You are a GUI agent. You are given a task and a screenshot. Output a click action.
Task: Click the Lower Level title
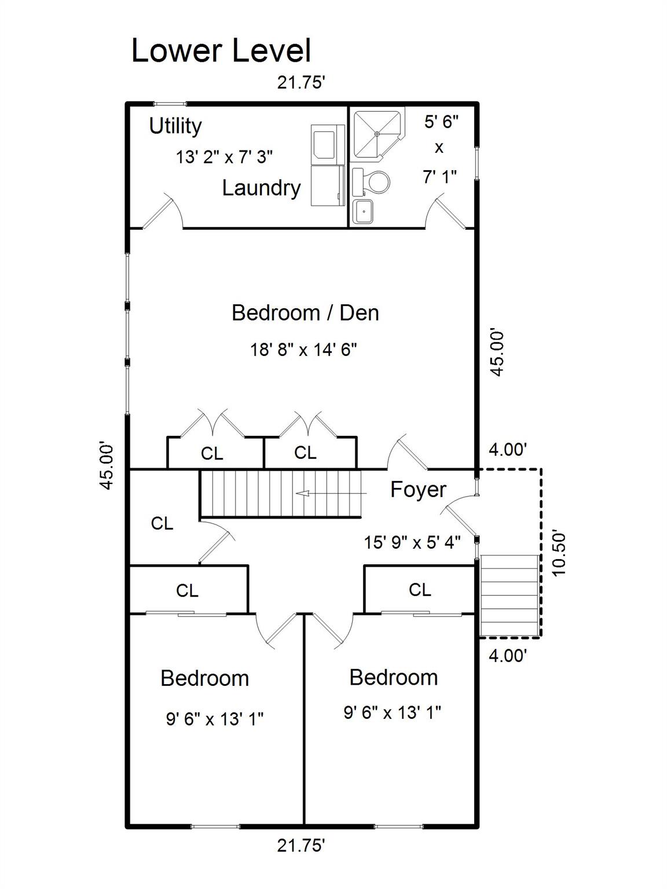tap(221, 50)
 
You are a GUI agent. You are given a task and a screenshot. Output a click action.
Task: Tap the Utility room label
tap(175, 126)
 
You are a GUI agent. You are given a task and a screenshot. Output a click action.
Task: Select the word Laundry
tap(262, 188)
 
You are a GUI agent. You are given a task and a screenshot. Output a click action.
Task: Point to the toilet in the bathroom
tap(371, 181)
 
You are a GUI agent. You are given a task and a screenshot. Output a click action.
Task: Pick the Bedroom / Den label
tap(305, 313)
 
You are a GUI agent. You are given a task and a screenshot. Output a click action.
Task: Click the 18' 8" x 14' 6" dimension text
tap(304, 349)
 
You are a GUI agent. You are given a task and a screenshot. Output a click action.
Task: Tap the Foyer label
tap(419, 490)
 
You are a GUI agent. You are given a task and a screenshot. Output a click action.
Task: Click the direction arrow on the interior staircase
tap(331, 493)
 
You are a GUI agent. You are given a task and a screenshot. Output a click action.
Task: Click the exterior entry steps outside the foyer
tap(510, 596)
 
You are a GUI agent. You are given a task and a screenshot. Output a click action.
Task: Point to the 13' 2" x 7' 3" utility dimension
tap(224, 157)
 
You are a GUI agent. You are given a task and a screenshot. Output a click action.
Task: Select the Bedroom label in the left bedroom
tap(205, 678)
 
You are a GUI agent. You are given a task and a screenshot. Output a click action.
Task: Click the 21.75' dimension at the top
tap(301, 83)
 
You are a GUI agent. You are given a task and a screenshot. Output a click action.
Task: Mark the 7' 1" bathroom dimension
tap(440, 177)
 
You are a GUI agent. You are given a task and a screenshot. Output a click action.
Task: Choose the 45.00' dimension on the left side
tap(107, 467)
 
